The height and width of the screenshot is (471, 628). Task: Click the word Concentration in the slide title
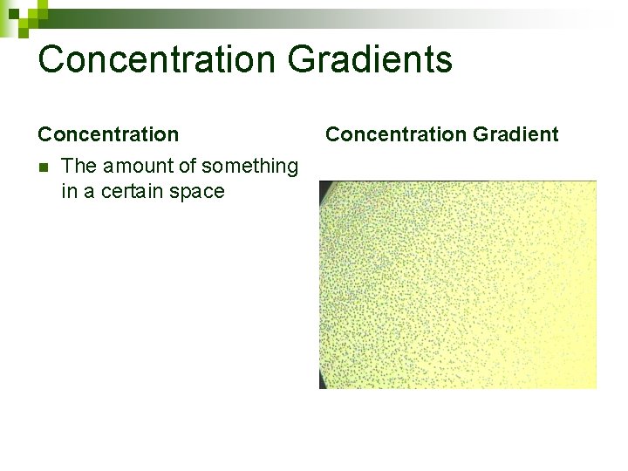coord(157,60)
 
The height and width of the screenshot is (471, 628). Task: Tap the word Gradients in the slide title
coord(370,60)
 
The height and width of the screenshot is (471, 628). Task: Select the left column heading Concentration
coord(108,134)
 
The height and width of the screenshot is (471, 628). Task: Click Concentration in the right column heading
coord(395,134)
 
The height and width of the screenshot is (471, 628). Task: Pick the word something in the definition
coord(250,167)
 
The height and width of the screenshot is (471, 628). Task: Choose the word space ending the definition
coord(200,192)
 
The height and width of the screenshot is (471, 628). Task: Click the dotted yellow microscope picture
coord(458,284)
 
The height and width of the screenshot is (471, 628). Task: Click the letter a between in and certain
coord(90,192)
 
